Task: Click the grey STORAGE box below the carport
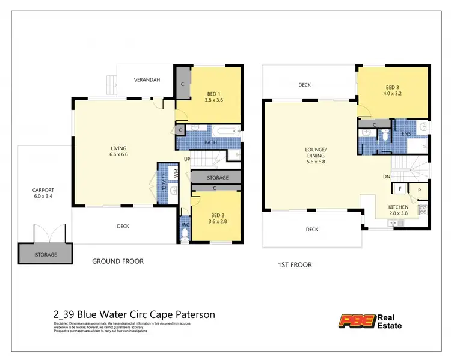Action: [x=45, y=254]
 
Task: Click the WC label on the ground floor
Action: [x=186, y=225]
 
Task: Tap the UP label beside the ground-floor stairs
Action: [x=188, y=159]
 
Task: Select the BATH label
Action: [x=210, y=142]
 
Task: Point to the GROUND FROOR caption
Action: [x=117, y=261]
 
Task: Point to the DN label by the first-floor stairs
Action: [x=387, y=177]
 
